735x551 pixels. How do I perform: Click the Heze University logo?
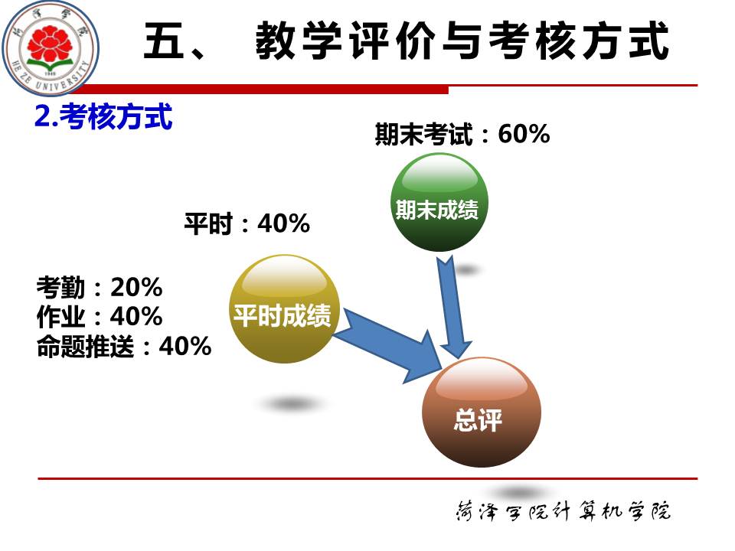click(51, 47)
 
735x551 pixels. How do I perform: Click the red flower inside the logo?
click(49, 44)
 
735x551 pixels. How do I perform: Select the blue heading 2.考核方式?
click(103, 116)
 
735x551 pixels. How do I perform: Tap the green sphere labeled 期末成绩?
click(439, 202)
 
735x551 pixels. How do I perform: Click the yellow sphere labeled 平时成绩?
click(283, 309)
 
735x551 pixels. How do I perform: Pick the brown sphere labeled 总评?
click(482, 412)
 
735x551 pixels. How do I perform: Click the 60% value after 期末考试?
click(524, 134)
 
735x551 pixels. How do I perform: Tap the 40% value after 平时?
click(283, 223)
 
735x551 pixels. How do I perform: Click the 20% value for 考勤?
click(136, 287)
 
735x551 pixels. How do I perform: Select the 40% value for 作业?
click(136, 316)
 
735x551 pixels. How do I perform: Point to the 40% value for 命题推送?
click(185, 346)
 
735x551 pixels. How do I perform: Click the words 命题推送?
click(85, 347)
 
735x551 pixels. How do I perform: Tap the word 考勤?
click(61, 287)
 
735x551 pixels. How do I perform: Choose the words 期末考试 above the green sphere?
click(423, 135)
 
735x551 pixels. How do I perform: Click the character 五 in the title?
click(164, 41)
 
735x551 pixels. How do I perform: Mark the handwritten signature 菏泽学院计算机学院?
click(563, 510)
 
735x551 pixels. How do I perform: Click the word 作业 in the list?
click(61, 317)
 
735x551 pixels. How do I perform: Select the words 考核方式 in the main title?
click(579, 41)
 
